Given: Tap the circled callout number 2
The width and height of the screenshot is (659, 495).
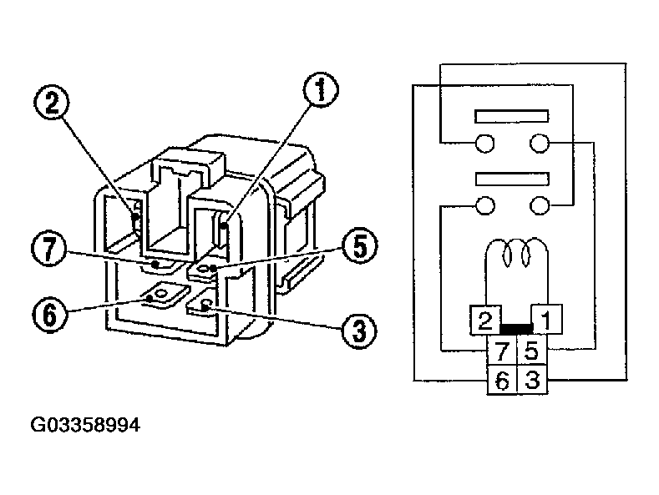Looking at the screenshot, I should [52, 103].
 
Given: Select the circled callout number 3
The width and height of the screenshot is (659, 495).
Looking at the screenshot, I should [356, 330].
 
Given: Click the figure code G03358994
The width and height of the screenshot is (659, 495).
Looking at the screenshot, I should [86, 425].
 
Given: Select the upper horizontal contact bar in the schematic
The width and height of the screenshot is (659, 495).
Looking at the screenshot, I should [510, 116].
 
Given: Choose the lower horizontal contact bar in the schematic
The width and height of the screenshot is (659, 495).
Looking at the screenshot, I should [510, 178].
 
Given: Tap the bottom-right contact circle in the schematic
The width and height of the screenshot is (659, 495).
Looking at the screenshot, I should [541, 205].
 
